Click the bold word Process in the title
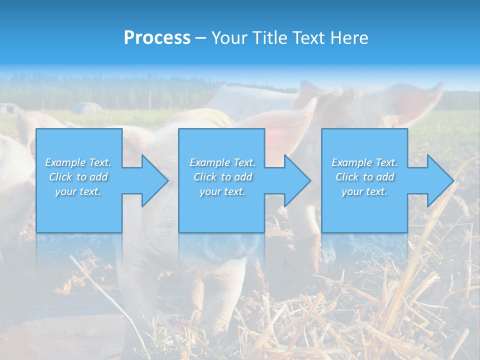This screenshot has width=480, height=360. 157,38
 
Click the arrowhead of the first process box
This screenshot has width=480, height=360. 152,180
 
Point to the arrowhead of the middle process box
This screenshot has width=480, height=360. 295,180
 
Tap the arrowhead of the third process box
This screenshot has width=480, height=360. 438,180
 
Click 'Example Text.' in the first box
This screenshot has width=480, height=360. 78,162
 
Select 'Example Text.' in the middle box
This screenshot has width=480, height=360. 222,162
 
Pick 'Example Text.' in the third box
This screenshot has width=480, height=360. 364,162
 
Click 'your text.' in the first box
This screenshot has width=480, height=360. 78,191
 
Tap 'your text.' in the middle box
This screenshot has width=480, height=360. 222,191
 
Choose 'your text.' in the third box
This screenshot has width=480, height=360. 364,191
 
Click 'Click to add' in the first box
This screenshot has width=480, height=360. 78,177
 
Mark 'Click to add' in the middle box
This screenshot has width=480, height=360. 222,177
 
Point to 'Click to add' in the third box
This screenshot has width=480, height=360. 364,177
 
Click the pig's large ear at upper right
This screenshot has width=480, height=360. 415,102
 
